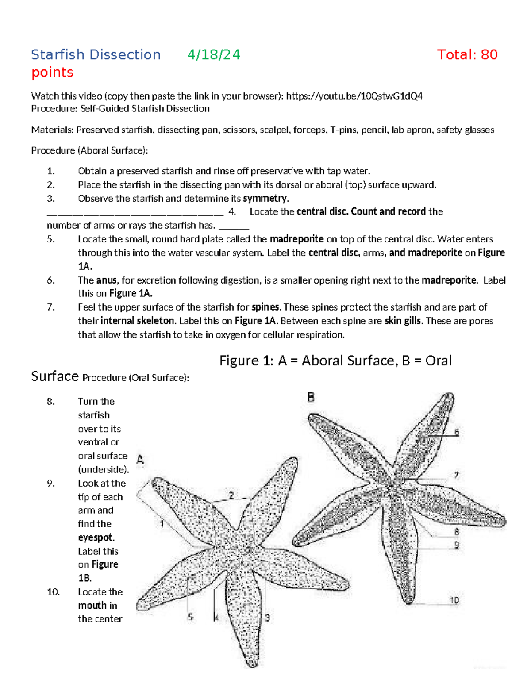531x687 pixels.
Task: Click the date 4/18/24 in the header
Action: click(x=214, y=55)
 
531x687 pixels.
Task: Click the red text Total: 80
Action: click(x=467, y=55)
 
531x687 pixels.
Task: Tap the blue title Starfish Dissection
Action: click(x=96, y=55)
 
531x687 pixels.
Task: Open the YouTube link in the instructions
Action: click(x=354, y=96)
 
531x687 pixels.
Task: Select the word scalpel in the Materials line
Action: click(x=274, y=130)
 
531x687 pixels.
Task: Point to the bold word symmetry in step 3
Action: click(x=265, y=199)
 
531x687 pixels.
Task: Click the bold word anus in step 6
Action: click(x=106, y=280)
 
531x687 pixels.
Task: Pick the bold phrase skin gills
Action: click(x=402, y=321)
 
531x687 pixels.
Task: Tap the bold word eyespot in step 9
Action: click(x=96, y=538)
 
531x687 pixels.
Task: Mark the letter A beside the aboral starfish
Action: click(x=140, y=460)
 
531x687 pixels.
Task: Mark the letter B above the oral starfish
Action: click(x=311, y=397)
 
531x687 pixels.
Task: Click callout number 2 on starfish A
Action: click(x=231, y=495)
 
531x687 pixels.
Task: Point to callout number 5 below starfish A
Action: click(x=190, y=617)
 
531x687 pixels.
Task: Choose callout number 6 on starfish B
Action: click(x=457, y=432)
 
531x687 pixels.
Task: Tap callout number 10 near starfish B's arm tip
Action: click(x=454, y=600)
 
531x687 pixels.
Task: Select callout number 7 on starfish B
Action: click(x=456, y=476)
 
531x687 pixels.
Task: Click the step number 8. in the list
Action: click(x=51, y=402)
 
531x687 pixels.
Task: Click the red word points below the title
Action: click(x=52, y=73)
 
